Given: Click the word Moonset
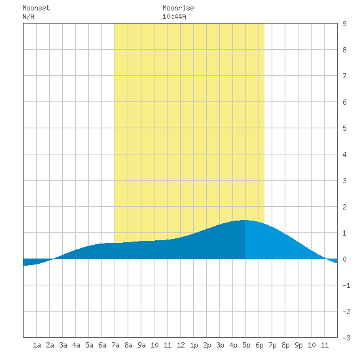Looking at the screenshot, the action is coord(36,8).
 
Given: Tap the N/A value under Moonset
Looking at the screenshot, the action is coord(28,16).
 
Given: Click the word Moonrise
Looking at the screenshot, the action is coord(178,8).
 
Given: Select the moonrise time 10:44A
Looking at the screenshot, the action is coord(174,16).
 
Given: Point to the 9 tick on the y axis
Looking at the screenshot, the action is coord(344,24).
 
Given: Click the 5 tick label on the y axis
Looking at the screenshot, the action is coord(344,128).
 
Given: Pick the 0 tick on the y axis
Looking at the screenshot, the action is coord(344,259).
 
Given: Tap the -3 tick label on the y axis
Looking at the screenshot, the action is coord(346,338).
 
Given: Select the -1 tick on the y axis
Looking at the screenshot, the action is coord(346,285).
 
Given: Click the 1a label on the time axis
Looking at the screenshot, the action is coord(37,345).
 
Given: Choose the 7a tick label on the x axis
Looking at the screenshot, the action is coord(115,345).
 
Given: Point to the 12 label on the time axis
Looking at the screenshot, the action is coord(181,345).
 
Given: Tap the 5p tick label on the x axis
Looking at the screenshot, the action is coord(246,345).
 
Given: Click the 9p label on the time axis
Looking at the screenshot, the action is coord(298,345).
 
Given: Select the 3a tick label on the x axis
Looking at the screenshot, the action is coord(63,345).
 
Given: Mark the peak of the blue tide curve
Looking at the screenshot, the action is coord(245,220).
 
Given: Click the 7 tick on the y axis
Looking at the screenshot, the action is coord(344,76).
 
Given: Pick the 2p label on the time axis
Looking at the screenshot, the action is coord(207,345).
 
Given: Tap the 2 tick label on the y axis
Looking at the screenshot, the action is coord(344,207).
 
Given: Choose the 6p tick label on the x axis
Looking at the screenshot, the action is coord(259,345).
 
